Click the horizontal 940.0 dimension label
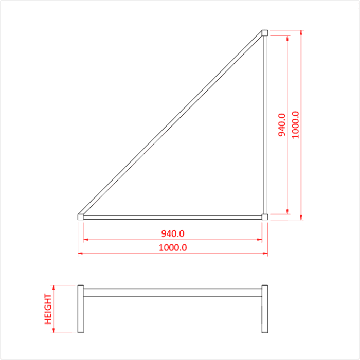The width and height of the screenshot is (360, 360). coord(173,233)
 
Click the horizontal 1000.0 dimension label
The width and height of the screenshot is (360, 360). coord(173,247)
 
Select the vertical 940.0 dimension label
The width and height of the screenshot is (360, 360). coord(282,125)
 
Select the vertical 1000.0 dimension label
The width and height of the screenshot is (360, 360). coord(295,124)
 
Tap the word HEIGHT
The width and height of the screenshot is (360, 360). coord(48,309)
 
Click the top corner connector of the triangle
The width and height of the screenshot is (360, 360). coord(265,32)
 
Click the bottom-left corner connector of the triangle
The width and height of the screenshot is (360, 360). coord(81,217)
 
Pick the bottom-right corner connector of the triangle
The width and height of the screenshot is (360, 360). coord(265,217)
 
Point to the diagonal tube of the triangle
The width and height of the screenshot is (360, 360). coord(173,124)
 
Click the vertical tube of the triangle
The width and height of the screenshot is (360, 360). coord(265,124)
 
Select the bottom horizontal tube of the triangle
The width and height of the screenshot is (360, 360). coord(173,217)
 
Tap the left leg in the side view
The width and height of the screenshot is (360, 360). coord(81,309)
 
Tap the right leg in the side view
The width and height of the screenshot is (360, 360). coord(265,309)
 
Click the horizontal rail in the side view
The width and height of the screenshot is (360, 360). coord(173,292)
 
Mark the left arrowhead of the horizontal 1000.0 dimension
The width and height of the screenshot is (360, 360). coord(80,254)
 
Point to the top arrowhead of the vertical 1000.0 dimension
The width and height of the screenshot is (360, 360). coord(301,33)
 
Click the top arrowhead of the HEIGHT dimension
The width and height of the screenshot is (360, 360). coord(54,287)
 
